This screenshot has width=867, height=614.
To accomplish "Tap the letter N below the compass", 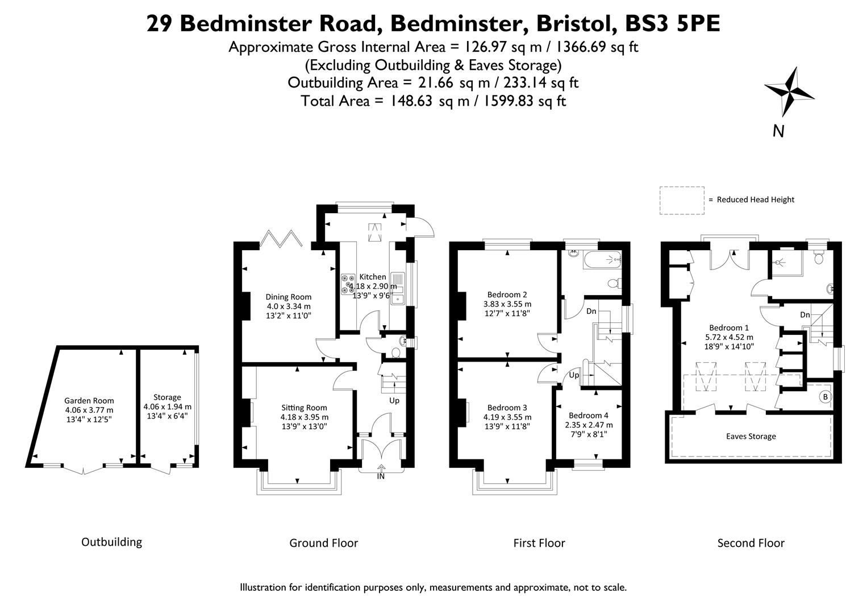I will (778, 131).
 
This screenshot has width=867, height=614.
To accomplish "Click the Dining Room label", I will (289, 297).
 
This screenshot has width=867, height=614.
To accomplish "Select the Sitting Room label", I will (304, 408).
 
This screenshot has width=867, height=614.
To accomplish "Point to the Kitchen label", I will (372, 277).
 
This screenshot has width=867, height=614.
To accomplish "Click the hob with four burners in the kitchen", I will (348, 284).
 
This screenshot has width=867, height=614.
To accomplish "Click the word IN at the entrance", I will (381, 476).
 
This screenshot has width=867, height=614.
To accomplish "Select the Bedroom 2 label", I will (507, 294).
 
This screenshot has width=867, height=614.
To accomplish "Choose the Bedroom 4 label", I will (588, 415).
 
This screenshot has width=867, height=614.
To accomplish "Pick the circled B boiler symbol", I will (825, 396).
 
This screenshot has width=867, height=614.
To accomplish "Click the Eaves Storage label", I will (751, 437).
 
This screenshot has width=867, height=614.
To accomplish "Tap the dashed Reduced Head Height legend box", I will (681, 200).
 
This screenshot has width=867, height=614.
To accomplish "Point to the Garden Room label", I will (89, 401).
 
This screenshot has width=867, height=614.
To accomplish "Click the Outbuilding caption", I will (111, 542).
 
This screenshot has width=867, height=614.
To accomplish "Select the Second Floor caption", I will (751, 543).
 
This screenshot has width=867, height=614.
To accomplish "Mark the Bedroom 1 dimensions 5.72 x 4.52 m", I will (729, 337).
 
